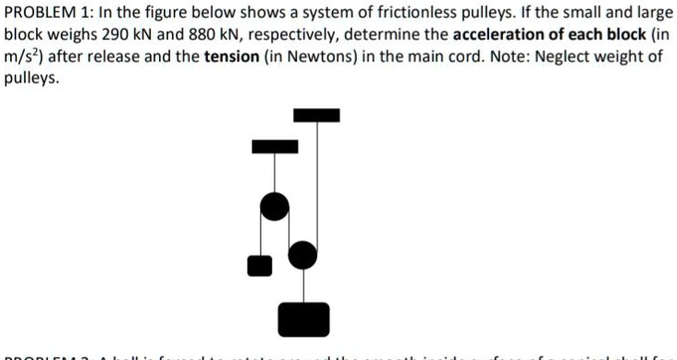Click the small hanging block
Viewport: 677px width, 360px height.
(x=260, y=266)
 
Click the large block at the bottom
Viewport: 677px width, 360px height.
(x=303, y=319)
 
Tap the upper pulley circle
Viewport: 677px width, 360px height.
(x=274, y=206)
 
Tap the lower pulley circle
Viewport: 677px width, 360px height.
(x=302, y=253)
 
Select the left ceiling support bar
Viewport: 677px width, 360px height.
(x=275, y=145)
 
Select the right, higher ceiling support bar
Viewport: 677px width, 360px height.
(x=316, y=116)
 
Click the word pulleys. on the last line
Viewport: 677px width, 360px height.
(x=31, y=79)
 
